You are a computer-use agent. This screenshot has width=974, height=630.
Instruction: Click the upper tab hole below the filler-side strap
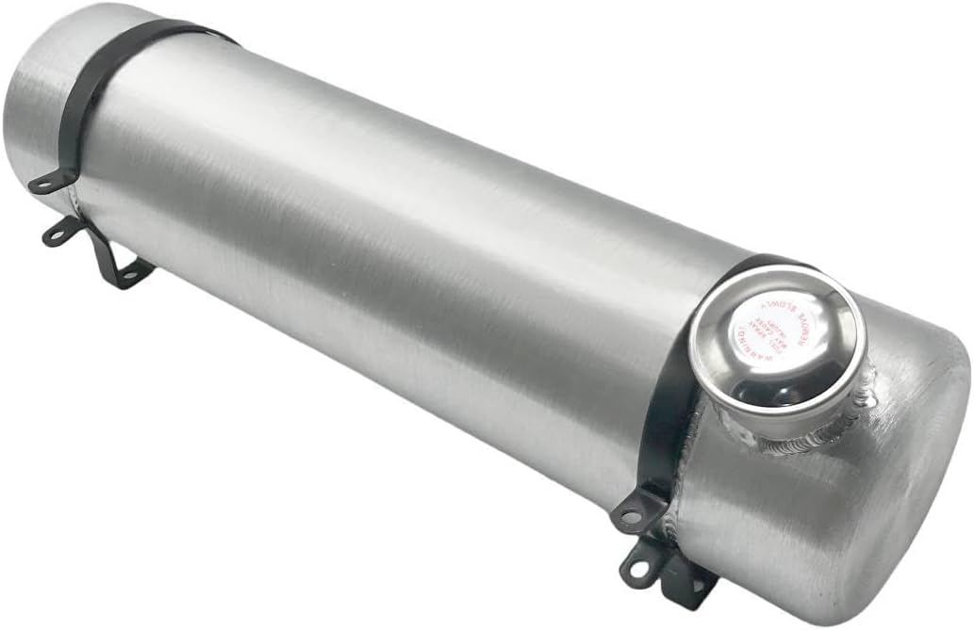(629, 515)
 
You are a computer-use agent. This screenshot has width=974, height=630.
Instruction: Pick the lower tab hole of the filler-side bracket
(638, 567)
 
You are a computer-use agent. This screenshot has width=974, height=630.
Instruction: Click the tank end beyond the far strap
(38, 104)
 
